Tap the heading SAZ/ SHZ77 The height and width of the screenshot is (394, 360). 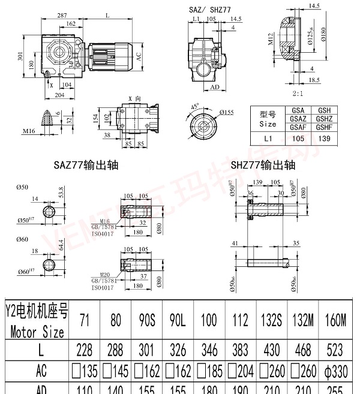[x=210, y=10]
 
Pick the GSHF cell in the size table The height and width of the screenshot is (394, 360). [x=325, y=127]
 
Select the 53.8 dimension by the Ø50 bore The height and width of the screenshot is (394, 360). [x=61, y=191]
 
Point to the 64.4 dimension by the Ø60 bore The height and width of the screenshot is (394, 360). [x=61, y=244]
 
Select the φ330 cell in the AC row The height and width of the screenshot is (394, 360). [x=335, y=370]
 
